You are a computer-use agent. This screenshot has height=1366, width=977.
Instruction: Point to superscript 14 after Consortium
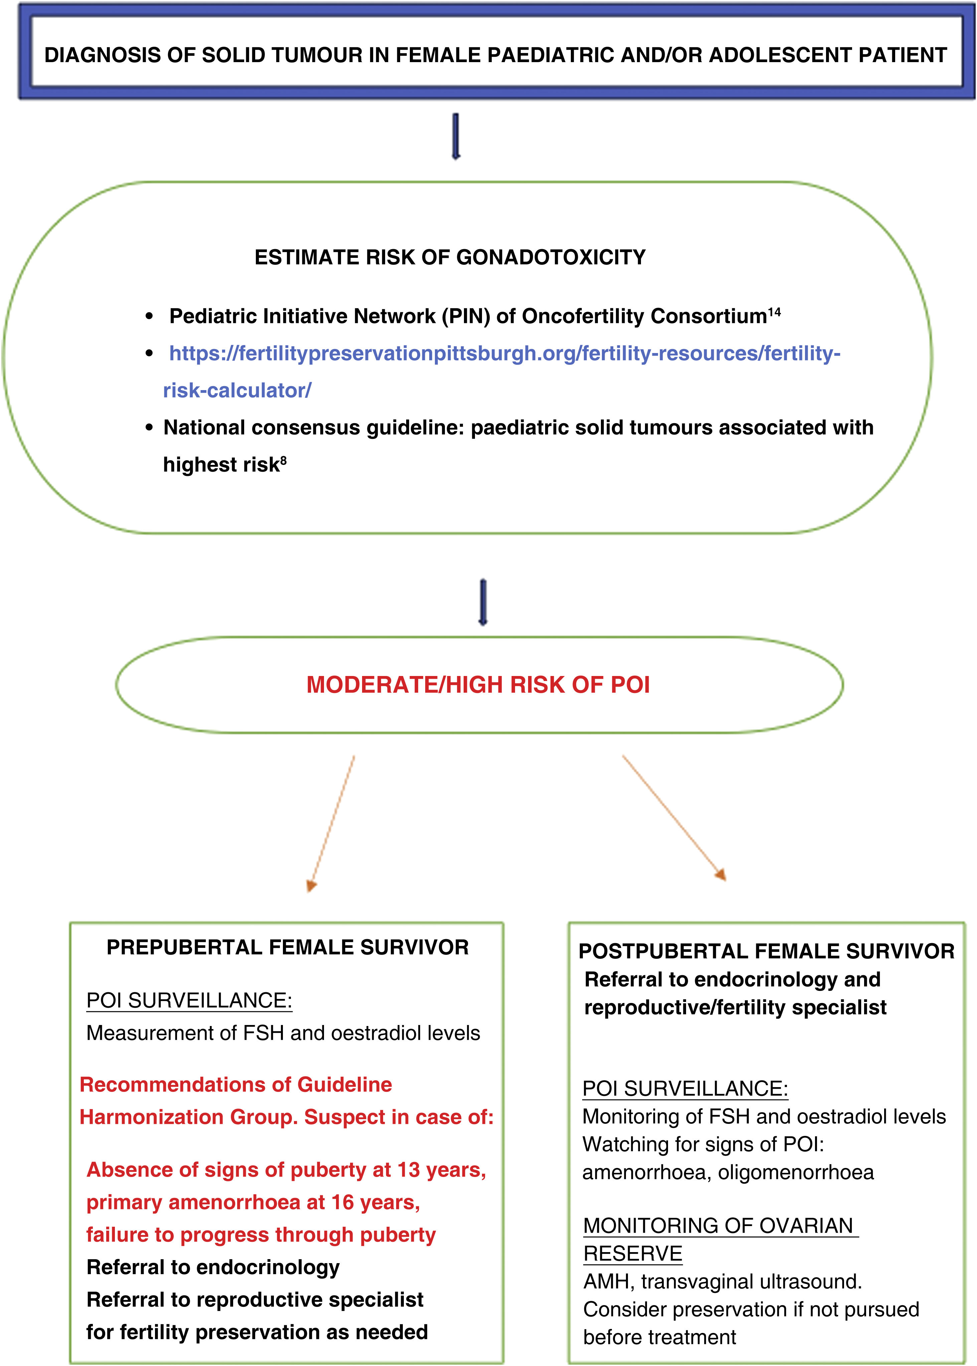coord(774,312)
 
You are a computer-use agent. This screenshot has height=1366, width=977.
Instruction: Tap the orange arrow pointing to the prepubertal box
coord(331,824)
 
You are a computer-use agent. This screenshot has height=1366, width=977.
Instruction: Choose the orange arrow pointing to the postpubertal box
coord(674,818)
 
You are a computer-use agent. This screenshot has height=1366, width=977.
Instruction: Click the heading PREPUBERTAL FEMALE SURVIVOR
coord(288,948)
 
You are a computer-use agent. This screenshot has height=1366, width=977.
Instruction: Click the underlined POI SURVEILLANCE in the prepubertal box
coord(189,1000)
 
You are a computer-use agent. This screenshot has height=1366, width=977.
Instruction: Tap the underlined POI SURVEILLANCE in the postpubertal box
coord(685,1089)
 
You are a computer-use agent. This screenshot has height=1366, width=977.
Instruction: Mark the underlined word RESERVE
coord(633,1253)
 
